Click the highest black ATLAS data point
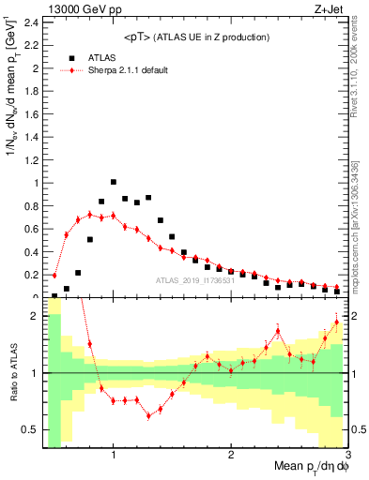click(x=114, y=182)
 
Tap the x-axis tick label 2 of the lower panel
click(x=231, y=455)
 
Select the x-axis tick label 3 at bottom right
click(x=346, y=455)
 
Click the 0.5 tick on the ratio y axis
click(x=29, y=429)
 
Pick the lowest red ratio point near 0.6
click(x=148, y=416)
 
